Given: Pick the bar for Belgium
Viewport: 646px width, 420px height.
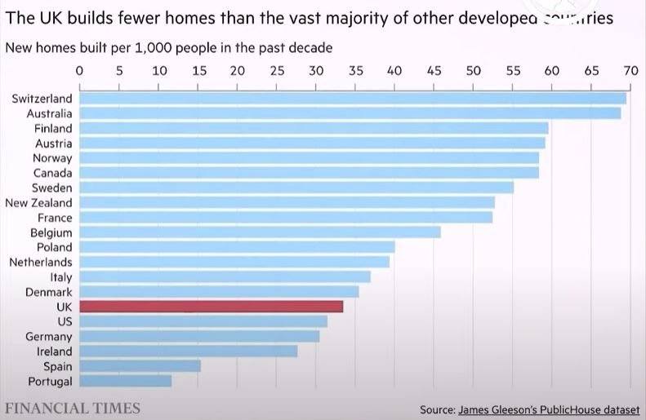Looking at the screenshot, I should [x=260, y=232].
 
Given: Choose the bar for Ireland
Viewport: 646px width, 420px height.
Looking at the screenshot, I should [x=188, y=351].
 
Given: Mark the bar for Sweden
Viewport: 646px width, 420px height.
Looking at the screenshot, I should [x=296, y=188].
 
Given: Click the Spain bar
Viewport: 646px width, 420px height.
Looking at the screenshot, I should [x=140, y=366].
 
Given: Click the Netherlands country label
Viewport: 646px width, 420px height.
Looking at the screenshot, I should [x=41, y=262].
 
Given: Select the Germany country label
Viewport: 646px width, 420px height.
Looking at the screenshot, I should [x=49, y=336].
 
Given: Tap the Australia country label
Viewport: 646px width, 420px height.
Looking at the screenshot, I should [x=49, y=113].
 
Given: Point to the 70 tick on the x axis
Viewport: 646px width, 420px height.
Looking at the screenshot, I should [x=630, y=71].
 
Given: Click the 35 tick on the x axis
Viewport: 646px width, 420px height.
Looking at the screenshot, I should [x=355, y=71].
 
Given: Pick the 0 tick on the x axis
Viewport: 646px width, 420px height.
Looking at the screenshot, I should [x=79, y=71].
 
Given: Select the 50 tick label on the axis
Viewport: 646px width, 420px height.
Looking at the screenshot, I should [x=473, y=71].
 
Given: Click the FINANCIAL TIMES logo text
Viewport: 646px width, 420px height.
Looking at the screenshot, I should [x=73, y=408].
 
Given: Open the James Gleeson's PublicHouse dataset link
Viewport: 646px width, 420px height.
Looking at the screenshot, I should [x=549, y=409].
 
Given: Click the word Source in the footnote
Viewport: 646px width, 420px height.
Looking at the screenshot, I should [x=436, y=409].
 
